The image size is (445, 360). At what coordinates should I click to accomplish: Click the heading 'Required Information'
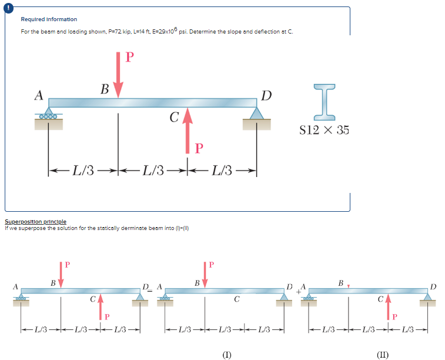click(49, 19)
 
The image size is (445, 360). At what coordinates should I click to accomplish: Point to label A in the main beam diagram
click(39, 94)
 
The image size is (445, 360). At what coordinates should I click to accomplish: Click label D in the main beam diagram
click(266, 95)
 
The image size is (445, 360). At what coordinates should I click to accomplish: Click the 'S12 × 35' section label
click(324, 130)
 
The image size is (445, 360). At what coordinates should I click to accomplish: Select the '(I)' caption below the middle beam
click(226, 354)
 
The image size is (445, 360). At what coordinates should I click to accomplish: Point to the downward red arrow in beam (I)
click(205, 274)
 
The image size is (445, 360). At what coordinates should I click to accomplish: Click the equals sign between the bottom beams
click(152, 288)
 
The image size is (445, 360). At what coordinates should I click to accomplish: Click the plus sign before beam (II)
click(298, 290)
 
